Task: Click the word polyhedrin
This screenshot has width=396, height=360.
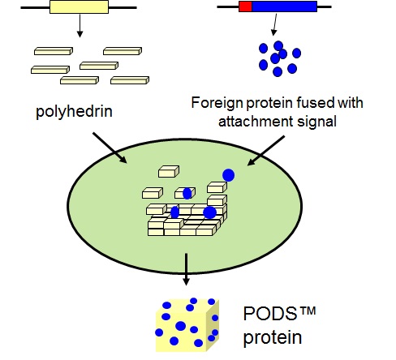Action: tap(74, 111)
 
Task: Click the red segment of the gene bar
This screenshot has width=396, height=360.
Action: tap(245, 6)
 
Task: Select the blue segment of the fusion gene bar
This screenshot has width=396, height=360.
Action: tap(284, 6)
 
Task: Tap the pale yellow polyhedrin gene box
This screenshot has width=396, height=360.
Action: tap(79, 6)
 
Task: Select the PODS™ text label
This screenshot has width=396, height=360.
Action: tap(280, 313)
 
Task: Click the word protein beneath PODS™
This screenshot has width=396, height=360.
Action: tap(273, 338)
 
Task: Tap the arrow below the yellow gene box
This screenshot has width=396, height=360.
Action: tap(80, 26)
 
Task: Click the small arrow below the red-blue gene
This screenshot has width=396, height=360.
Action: tap(275, 24)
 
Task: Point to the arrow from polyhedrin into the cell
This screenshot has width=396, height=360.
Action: tap(110, 148)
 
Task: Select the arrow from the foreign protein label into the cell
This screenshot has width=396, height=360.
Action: tap(266, 151)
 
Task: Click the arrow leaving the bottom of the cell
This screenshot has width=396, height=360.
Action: tap(186, 269)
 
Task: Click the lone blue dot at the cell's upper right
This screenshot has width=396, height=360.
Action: tap(229, 175)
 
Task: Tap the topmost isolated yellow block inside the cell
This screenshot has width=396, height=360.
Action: tap(169, 172)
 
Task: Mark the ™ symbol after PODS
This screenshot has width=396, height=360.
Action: tap(308, 311)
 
